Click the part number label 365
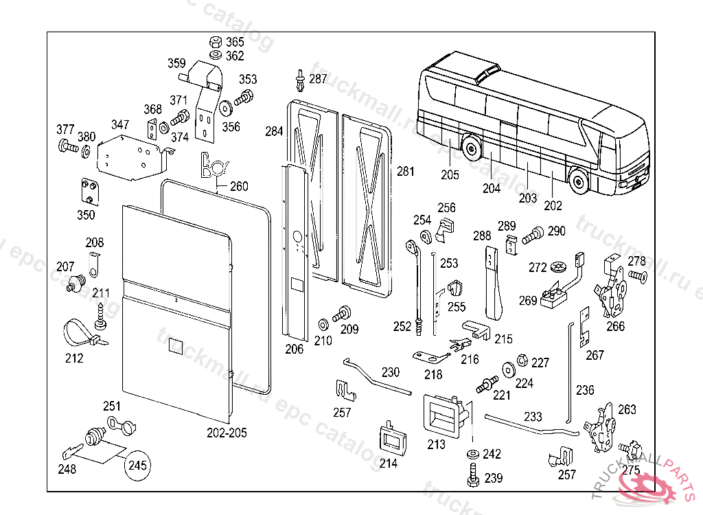235,42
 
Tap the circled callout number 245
138,466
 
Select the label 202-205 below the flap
227,433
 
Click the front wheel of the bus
579,181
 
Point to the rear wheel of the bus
471,146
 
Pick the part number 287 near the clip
318,79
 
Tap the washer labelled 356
224,108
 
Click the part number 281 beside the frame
406,172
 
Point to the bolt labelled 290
531,235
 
